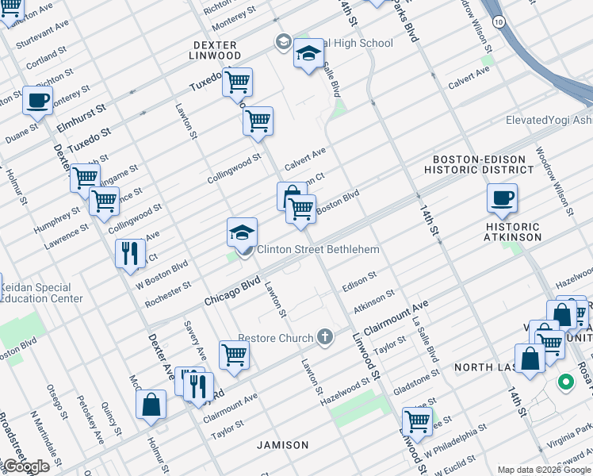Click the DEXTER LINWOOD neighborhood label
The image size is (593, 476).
click(x=215, y=49)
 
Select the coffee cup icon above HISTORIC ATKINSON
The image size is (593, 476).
click(x=502, y=198)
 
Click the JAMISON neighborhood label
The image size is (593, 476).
click(x=282, y=445)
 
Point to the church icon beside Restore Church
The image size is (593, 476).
click(x=323, y=338)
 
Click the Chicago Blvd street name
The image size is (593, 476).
click(x=232, y=291)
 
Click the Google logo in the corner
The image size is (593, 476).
click(x=25, y=466)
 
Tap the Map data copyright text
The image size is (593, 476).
click(x=543, y=470)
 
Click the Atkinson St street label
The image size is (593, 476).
click(x=374, y=300)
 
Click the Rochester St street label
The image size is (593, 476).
click(x=167, y=294)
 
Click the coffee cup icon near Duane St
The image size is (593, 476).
click(x=37, y=100)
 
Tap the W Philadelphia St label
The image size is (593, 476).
click(x=454, y=440)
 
